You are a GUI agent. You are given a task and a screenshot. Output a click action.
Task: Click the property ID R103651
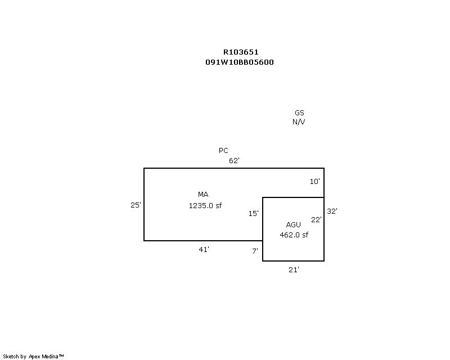[x=241, y=52]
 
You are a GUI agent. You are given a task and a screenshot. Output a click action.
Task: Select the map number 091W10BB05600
[x=240, y=62]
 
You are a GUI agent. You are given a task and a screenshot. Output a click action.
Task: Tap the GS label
[x=299, y=113]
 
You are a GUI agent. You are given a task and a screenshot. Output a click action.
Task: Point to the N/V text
[x=299, y=121]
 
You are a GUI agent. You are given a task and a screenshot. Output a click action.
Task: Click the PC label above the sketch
[x=223, y=150]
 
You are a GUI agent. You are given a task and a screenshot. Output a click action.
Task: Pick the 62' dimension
[x=234, y=160]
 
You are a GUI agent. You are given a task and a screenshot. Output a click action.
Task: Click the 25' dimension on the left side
[x=136, y=205]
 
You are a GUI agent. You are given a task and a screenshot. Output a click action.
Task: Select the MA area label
[x=203, y=195]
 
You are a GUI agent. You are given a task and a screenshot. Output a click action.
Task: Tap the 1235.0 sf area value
[x=205, y=205]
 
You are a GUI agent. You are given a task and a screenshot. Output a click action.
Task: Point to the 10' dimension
[x=315, y=182]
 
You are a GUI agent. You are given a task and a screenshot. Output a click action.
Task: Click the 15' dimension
[x=254, y=213]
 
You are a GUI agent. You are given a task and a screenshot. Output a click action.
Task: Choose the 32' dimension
[x=332, y=211]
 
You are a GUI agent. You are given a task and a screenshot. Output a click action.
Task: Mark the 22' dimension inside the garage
[x=316, y=219]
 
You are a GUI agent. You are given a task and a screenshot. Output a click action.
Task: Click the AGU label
[x=293, y=224]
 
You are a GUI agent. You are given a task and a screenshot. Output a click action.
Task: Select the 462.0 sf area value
[x=294, y=235]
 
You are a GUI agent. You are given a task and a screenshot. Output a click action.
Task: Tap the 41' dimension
[x=204, y=250]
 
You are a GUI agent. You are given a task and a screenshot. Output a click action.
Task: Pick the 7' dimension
[x=255, y=251]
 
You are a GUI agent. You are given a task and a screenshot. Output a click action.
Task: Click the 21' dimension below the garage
[x=294, y=270]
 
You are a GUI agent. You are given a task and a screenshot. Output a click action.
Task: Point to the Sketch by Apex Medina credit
[x=33, y=357]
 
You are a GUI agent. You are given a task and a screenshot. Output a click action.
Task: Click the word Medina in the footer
[x=50, y=357]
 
